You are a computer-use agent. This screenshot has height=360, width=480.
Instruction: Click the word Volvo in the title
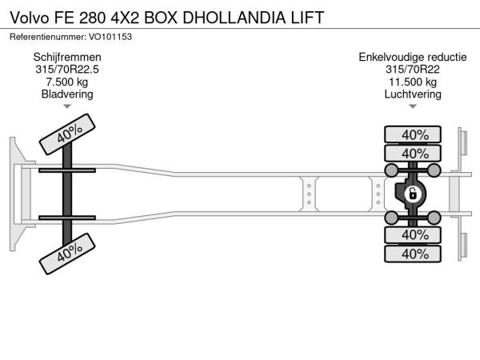(x=30, y=18)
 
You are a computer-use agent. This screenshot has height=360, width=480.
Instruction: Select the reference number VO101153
(x=110, y=37)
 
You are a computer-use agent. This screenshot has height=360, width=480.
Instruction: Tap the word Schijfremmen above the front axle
(x=67, y=58)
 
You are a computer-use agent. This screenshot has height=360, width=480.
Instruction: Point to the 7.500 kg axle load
(x=67, y=82)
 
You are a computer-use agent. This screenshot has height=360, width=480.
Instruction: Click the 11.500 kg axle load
(x=413, y=82)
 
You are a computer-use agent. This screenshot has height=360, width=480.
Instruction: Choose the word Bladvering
(x=67, y=94)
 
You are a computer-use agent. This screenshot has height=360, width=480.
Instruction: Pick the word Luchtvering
(x=413, y=94)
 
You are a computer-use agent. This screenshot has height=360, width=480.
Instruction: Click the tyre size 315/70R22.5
(x=67, y=70)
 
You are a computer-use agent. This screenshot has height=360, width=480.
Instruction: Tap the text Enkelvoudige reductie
(x=413, y=58)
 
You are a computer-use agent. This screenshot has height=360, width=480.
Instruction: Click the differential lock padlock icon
(x=413, y=194)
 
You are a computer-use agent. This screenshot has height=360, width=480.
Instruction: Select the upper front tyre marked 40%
(x=67, y=134)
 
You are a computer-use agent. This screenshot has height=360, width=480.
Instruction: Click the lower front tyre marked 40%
(x=67, y=254)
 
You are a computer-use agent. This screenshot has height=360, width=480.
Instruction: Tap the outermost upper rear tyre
(x=413, y=134)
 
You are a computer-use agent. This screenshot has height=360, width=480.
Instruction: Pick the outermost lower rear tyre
(x=413, y=254)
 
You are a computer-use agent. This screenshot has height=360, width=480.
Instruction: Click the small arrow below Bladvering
(x=67, y=106)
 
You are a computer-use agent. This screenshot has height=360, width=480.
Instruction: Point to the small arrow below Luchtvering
(x=413, y=106)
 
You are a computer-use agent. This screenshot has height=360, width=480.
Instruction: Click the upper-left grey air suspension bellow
(x=391, y=170)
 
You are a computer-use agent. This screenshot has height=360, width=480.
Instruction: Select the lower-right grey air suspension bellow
(x=434, y=218)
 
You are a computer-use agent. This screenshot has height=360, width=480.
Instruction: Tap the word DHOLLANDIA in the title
(x=234, y=18)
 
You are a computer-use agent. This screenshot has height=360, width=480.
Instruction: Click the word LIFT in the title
(x=307, y=18)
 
